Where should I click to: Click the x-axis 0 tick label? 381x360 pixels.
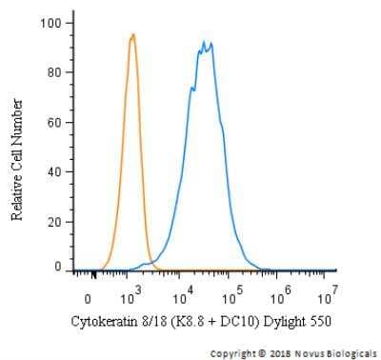(x=88, y=296)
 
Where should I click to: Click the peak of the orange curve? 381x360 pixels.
(x=133, y=35)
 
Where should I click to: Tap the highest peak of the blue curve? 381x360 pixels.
(x=203, y=42)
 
